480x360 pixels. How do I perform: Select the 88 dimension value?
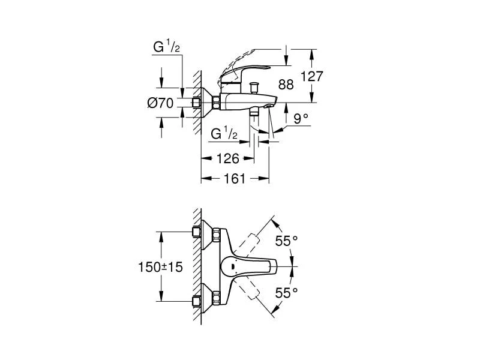(x=286, y=85)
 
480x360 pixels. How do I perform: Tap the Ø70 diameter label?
(x=160, y=103)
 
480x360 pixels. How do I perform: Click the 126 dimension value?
(x=227, y=158)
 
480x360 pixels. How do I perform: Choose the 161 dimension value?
(x=234, y=178)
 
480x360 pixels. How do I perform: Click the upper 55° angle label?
(x=286, y=241)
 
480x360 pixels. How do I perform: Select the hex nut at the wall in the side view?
(x=196, y=103)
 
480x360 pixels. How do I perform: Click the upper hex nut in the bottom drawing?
(x=196, y=232)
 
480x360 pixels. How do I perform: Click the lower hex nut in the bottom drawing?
(x=196, y=301)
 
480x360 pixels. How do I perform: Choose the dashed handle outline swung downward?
(x=258, y=297)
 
